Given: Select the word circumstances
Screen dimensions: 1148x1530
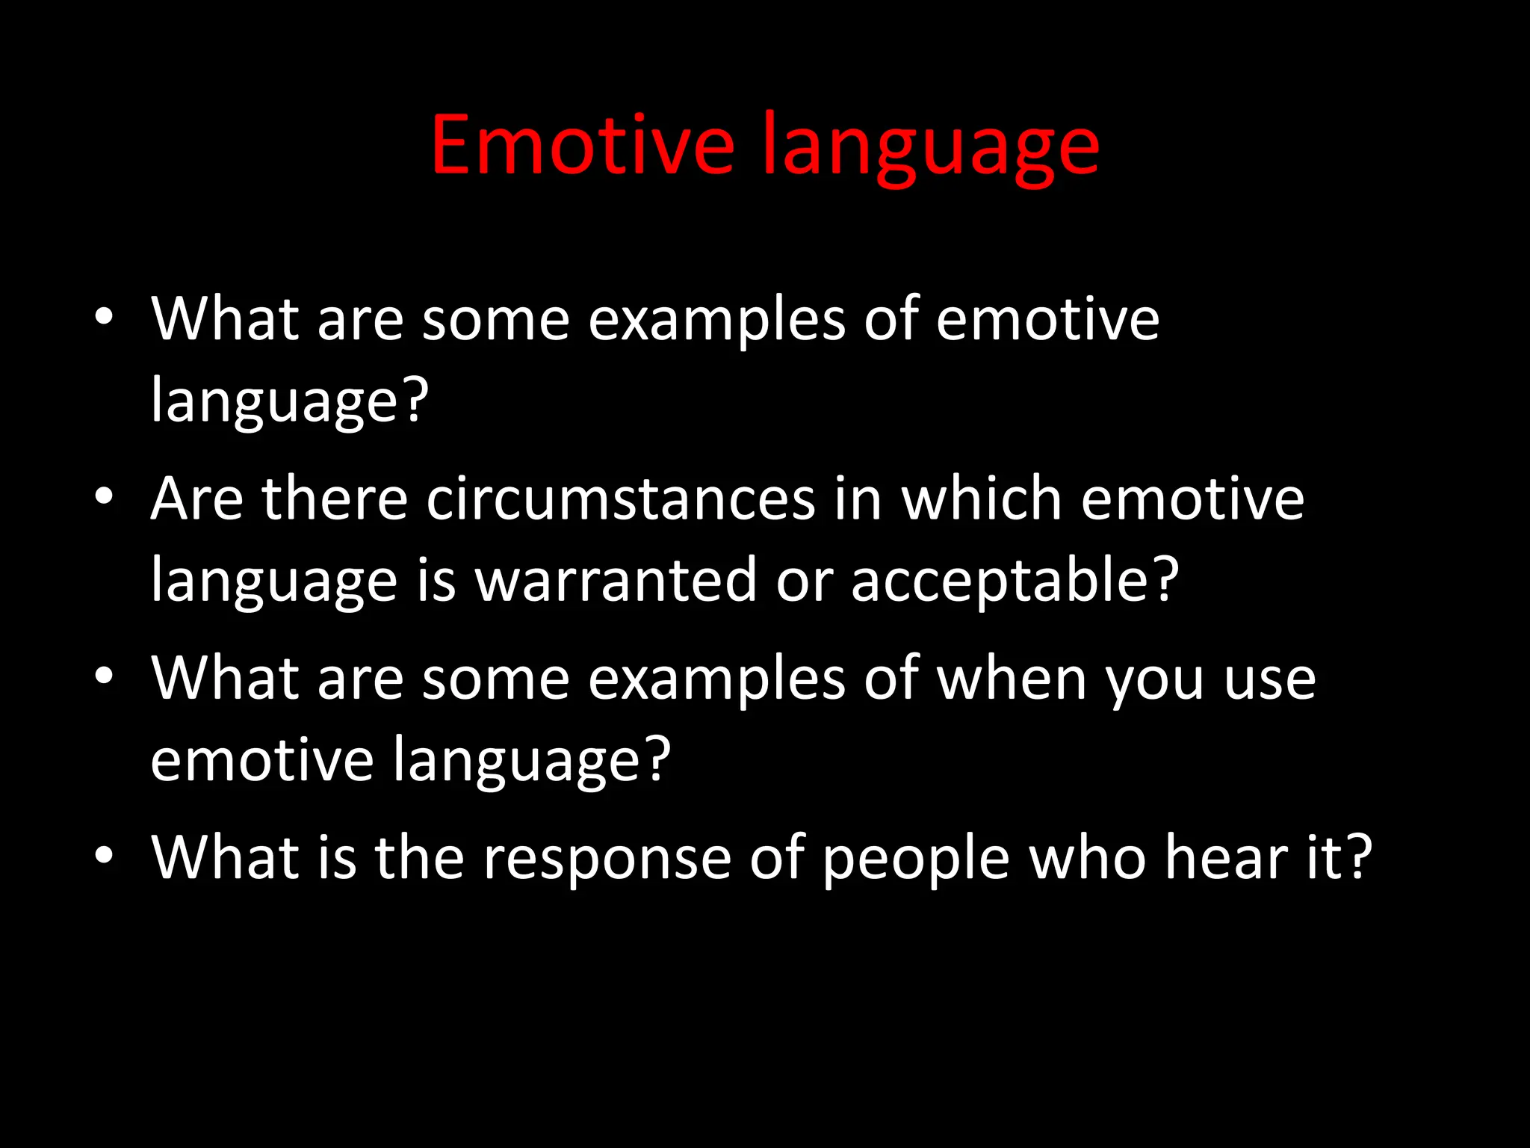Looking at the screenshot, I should (620, 499).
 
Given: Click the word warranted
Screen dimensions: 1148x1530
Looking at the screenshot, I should (616, 580).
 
